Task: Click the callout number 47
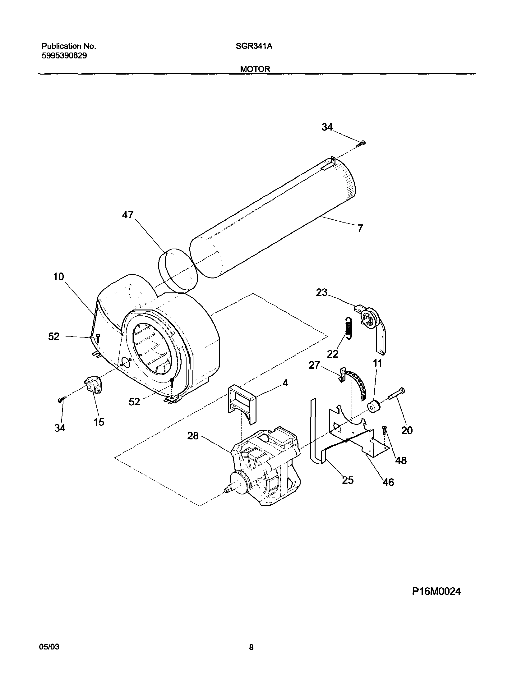(x=127, y=214)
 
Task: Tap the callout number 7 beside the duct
(x=360, y=228)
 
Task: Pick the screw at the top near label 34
(x=362, y=143)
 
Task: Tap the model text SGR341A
(x=254, y=46)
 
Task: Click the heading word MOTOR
(x=255, y=69)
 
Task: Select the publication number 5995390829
(x=64, y=56)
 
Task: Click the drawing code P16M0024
(x=436, y=591)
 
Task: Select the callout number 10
(x=58, y=276)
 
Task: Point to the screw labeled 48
(x=385, y=430)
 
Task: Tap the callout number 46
(x=388, y=482)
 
